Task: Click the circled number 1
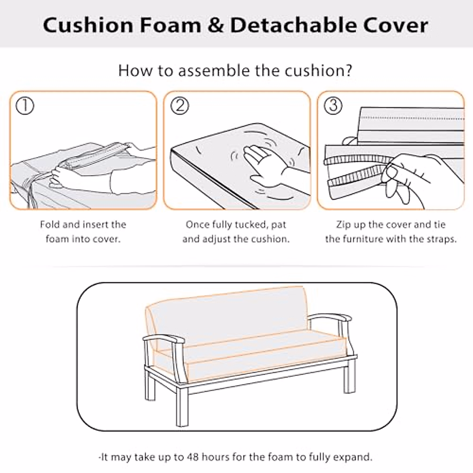click(24, 106)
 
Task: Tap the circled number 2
click(179, 106)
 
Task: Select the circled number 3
click(333, 106)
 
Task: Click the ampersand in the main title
click(215, 25)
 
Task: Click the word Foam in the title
click(170, 25)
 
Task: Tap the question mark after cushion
click(347, 71)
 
